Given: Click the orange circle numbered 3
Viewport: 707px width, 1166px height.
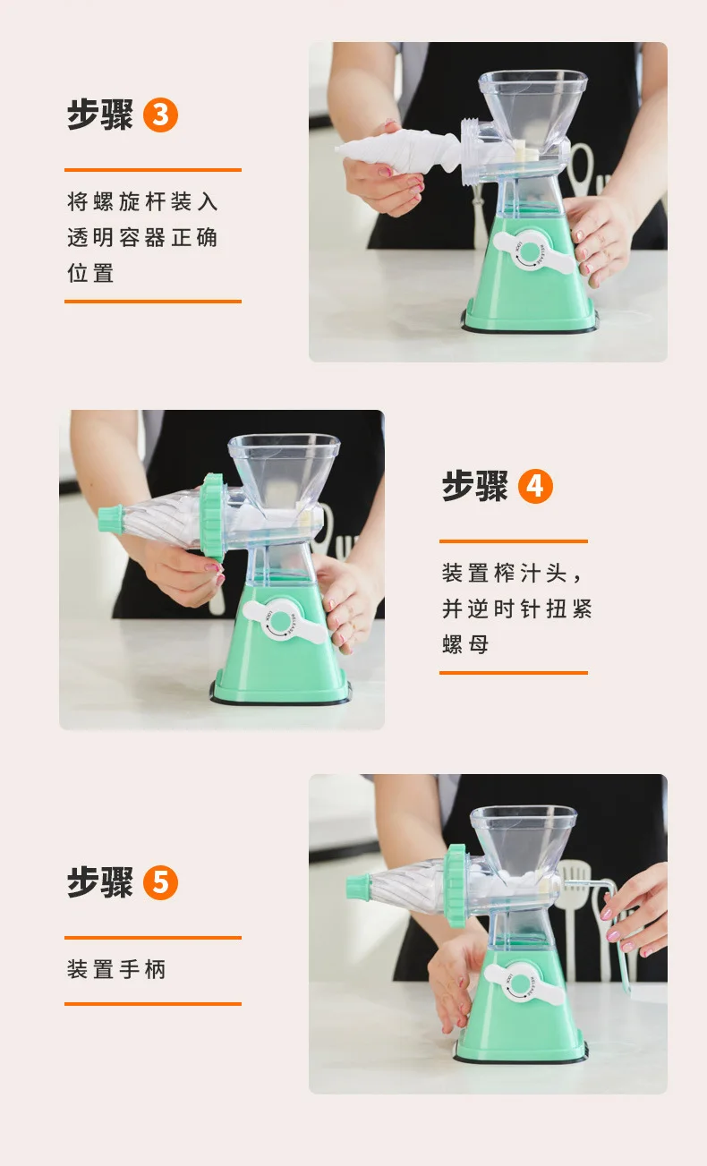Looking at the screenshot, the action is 160,115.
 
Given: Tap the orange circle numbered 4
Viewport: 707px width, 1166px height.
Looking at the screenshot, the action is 535,486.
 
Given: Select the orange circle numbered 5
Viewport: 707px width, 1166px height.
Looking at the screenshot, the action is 160,883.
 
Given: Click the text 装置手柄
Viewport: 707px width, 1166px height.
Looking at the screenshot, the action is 116,969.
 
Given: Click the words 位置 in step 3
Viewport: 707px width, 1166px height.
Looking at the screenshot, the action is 90,273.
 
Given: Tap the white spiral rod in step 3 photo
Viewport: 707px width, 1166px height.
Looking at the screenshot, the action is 398,151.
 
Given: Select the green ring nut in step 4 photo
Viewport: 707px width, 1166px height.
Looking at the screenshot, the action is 212,517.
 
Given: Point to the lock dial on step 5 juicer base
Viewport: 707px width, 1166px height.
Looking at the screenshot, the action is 521,983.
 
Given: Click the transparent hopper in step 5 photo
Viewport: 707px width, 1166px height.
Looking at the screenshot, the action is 524,842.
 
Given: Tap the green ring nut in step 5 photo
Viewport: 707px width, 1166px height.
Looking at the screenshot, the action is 456,885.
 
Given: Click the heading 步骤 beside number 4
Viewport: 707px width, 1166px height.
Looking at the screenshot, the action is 475,486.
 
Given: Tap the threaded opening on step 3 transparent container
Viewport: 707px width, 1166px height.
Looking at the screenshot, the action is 472,151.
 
